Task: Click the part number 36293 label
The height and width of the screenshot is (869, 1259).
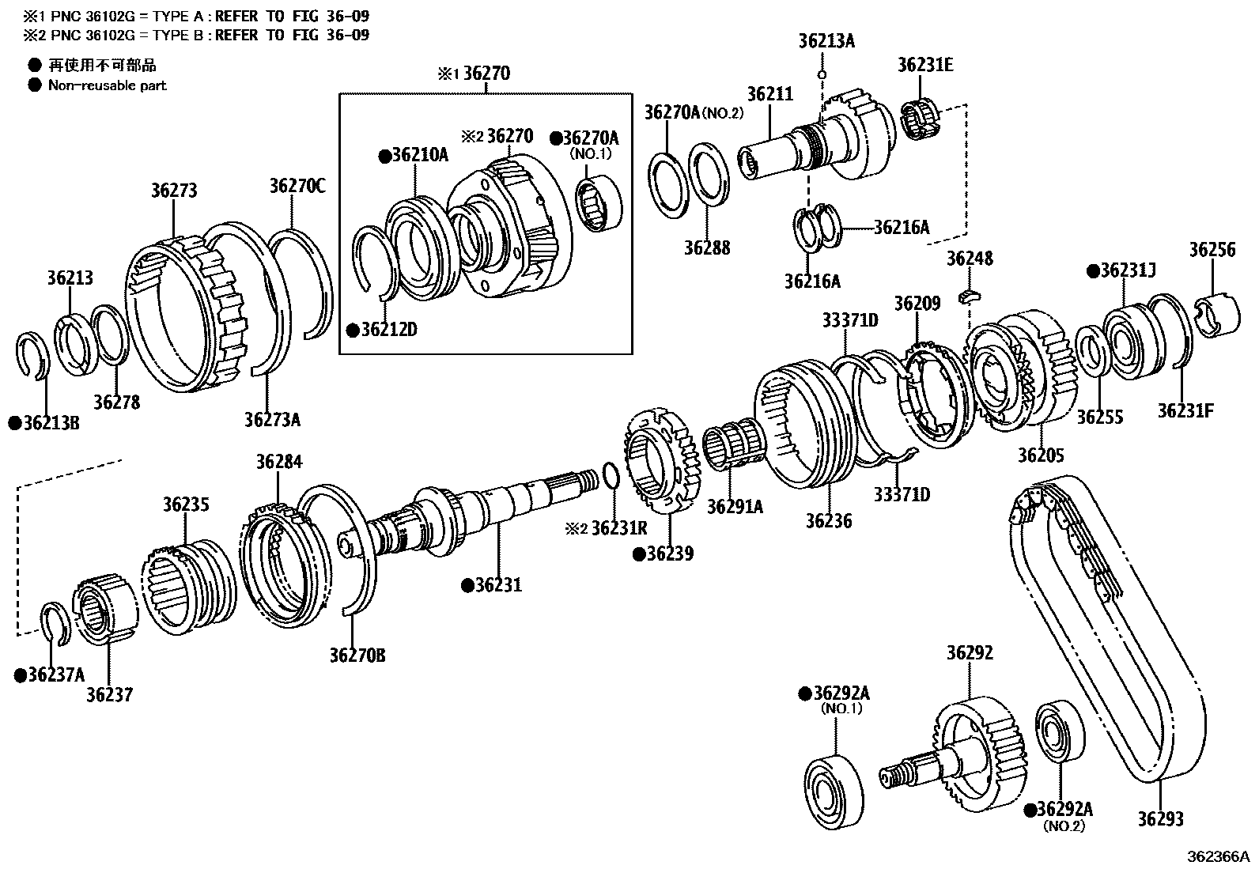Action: [1160, 818]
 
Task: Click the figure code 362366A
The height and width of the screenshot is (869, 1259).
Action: [1217, 856]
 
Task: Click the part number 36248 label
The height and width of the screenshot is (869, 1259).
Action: [970, 259]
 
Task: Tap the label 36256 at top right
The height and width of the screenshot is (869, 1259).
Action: [1212, 250]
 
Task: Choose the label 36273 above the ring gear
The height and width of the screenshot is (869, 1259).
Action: [174, 191]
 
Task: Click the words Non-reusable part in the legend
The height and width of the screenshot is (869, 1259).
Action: [108, 85]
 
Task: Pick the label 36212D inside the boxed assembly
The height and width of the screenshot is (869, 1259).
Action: [388, 329]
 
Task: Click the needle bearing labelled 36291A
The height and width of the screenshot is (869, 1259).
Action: [734, 450]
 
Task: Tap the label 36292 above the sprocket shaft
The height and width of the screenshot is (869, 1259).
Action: [970, 653]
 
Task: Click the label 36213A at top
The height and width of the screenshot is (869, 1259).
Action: [826, 41]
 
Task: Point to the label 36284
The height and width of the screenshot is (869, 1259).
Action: [278, 461]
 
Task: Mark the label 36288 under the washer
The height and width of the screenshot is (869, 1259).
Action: [707, 248]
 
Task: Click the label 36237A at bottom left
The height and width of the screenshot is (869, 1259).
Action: [55, 674]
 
